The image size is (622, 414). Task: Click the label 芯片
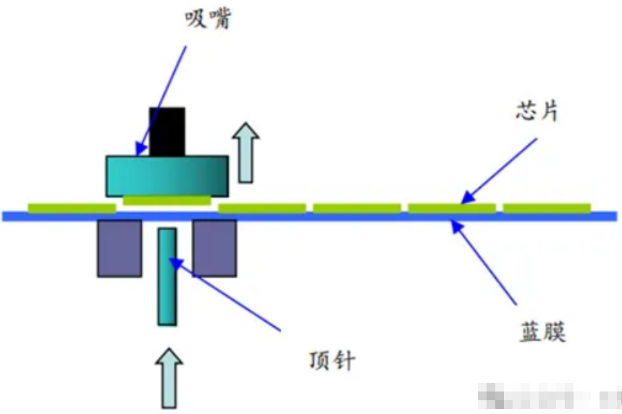[537, 112]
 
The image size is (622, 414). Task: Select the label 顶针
[332, 360]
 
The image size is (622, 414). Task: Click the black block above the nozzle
[167, 131]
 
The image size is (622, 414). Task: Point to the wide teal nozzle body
[168, 176]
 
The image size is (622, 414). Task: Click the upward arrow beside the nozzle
[247, 153]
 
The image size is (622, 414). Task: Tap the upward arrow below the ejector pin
[169, 377]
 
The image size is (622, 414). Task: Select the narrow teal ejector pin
[167, 276]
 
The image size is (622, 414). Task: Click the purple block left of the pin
[119, 249]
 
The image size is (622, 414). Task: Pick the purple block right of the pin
[214, 249]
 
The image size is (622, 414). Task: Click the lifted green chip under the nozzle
[167, 199]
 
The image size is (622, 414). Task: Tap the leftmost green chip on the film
[72, 209]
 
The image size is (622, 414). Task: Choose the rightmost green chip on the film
[547, 209]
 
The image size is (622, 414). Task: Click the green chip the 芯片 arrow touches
[452, 209]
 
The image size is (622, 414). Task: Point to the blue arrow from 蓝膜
[484, 262]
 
